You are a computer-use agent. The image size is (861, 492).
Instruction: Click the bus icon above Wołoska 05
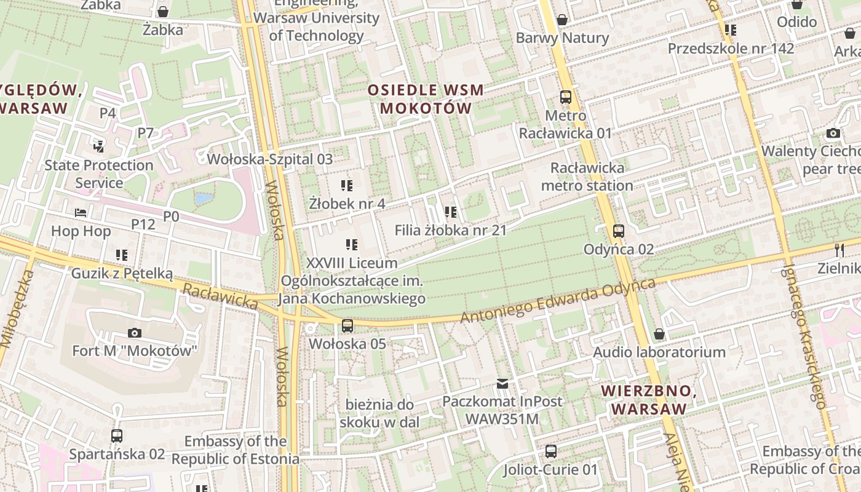coord(347,325)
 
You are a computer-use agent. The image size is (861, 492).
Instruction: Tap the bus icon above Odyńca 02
coord(619,231)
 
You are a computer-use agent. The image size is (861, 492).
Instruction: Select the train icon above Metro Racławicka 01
coord(565,97)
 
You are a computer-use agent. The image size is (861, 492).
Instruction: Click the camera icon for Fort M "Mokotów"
coord(134,333)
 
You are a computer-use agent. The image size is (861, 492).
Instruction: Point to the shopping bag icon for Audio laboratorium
coord(659,334)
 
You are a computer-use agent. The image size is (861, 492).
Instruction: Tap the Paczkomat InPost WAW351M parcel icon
coord(502,384)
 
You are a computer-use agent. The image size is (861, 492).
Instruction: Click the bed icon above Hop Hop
coord(81,213)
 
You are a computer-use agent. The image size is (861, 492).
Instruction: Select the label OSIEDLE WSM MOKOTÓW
coord(426,100)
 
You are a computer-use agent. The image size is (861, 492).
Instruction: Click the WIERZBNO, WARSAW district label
coord(649,400)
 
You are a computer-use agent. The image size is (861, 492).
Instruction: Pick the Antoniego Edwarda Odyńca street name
coord(558,301)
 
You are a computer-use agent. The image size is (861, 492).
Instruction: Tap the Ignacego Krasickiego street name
coord(804,337)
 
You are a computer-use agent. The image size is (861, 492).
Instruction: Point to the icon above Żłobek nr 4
coord(347,185)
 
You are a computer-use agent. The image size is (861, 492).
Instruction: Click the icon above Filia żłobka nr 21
coord(450,212)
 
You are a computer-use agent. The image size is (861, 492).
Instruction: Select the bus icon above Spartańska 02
coord(117,436)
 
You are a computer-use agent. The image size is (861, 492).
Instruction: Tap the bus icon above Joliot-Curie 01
coord(551,451)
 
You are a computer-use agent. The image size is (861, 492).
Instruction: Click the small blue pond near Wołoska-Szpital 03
coord(204,199)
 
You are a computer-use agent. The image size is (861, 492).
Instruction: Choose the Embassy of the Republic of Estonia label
coord(235,450)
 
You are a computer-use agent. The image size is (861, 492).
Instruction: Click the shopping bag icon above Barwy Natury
coord(561,20)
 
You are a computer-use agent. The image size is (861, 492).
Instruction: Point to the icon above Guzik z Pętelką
coord(122,255)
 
